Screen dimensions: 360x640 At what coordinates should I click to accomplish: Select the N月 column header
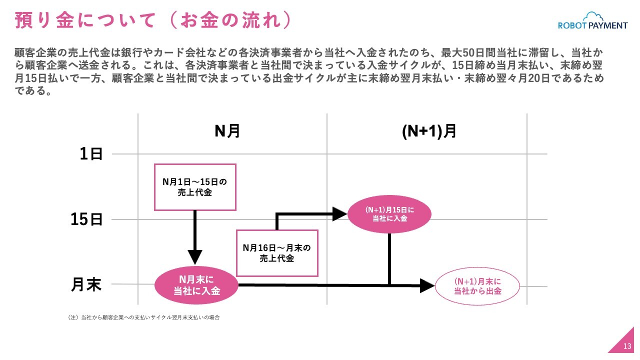coord(227,131)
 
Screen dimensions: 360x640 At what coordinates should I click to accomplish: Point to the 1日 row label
coord(91,154)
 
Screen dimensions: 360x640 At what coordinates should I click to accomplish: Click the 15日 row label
coord(86,219)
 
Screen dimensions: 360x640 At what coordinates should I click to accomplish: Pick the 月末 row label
coord(86,284)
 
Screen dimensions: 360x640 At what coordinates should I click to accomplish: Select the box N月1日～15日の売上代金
coord(195,186)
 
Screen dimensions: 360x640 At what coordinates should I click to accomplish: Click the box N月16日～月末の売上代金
coord(277,253)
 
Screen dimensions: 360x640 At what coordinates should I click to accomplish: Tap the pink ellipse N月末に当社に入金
coord(196,285)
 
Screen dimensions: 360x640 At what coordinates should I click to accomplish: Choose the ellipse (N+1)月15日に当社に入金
coord(389,214)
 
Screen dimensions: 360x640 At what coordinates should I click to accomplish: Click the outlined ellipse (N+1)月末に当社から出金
coord(477,286)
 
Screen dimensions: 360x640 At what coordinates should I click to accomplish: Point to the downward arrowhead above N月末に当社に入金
coord(195,257)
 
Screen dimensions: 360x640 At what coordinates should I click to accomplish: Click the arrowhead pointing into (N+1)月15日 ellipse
coord(340,214)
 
